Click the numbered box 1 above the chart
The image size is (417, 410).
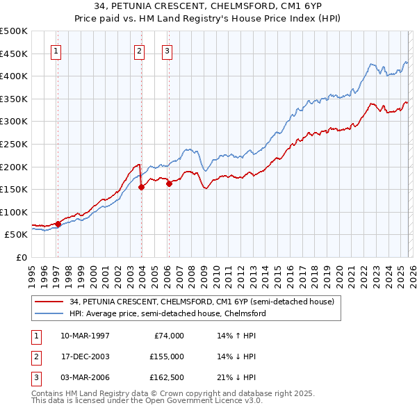pyautogui.click(x=55, y=50)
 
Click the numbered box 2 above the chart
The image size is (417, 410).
pyautogui.click(x=139, y=50)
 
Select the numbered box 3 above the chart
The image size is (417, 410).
pyautogui.click(x=167, y=50)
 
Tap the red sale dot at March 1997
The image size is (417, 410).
pyautogui.click(x=58, y=224)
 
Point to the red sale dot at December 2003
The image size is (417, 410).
pyautogui.click(x=141, y=187)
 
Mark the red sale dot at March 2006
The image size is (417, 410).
pyautogui.click(x=169, y=183)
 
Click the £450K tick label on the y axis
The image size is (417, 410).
pyautogui.click(x=14, y=54)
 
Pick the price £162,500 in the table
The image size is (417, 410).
pyautogui.click(x=167, y=378)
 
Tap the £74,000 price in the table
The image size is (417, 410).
pyautogui.click(x=169, y=335)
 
